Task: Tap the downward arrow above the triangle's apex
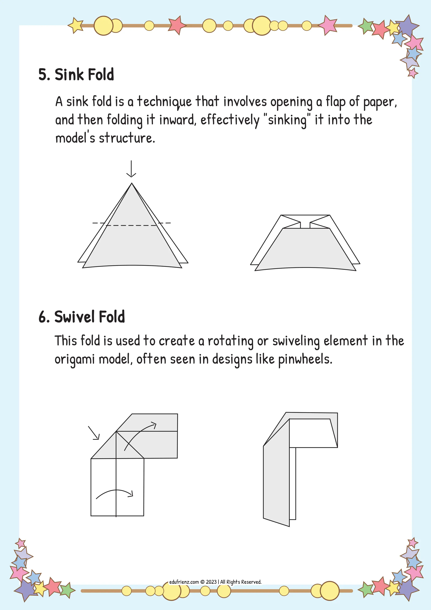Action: point(131,169)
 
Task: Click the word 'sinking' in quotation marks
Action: point(287,120)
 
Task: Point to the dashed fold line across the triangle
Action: point(131,225)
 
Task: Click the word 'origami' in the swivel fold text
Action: point(74,360)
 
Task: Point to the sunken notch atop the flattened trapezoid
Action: point(305,225)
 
